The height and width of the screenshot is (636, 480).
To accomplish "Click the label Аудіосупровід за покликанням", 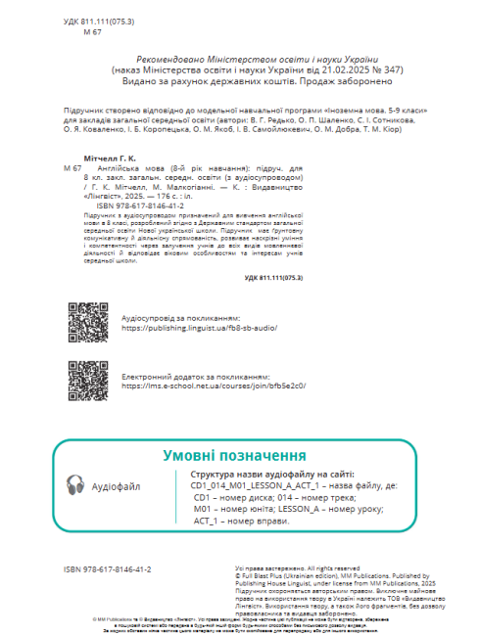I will click(179, 319).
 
